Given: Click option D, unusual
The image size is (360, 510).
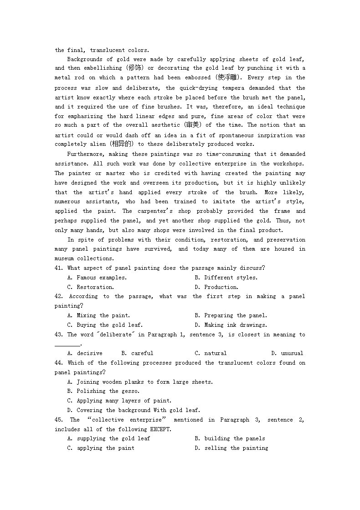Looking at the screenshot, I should point(287,353).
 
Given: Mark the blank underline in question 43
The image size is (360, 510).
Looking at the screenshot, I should point(67,345).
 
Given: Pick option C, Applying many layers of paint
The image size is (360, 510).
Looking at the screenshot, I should point(119,401).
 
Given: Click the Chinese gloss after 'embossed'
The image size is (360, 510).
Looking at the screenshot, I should point(229,77).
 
